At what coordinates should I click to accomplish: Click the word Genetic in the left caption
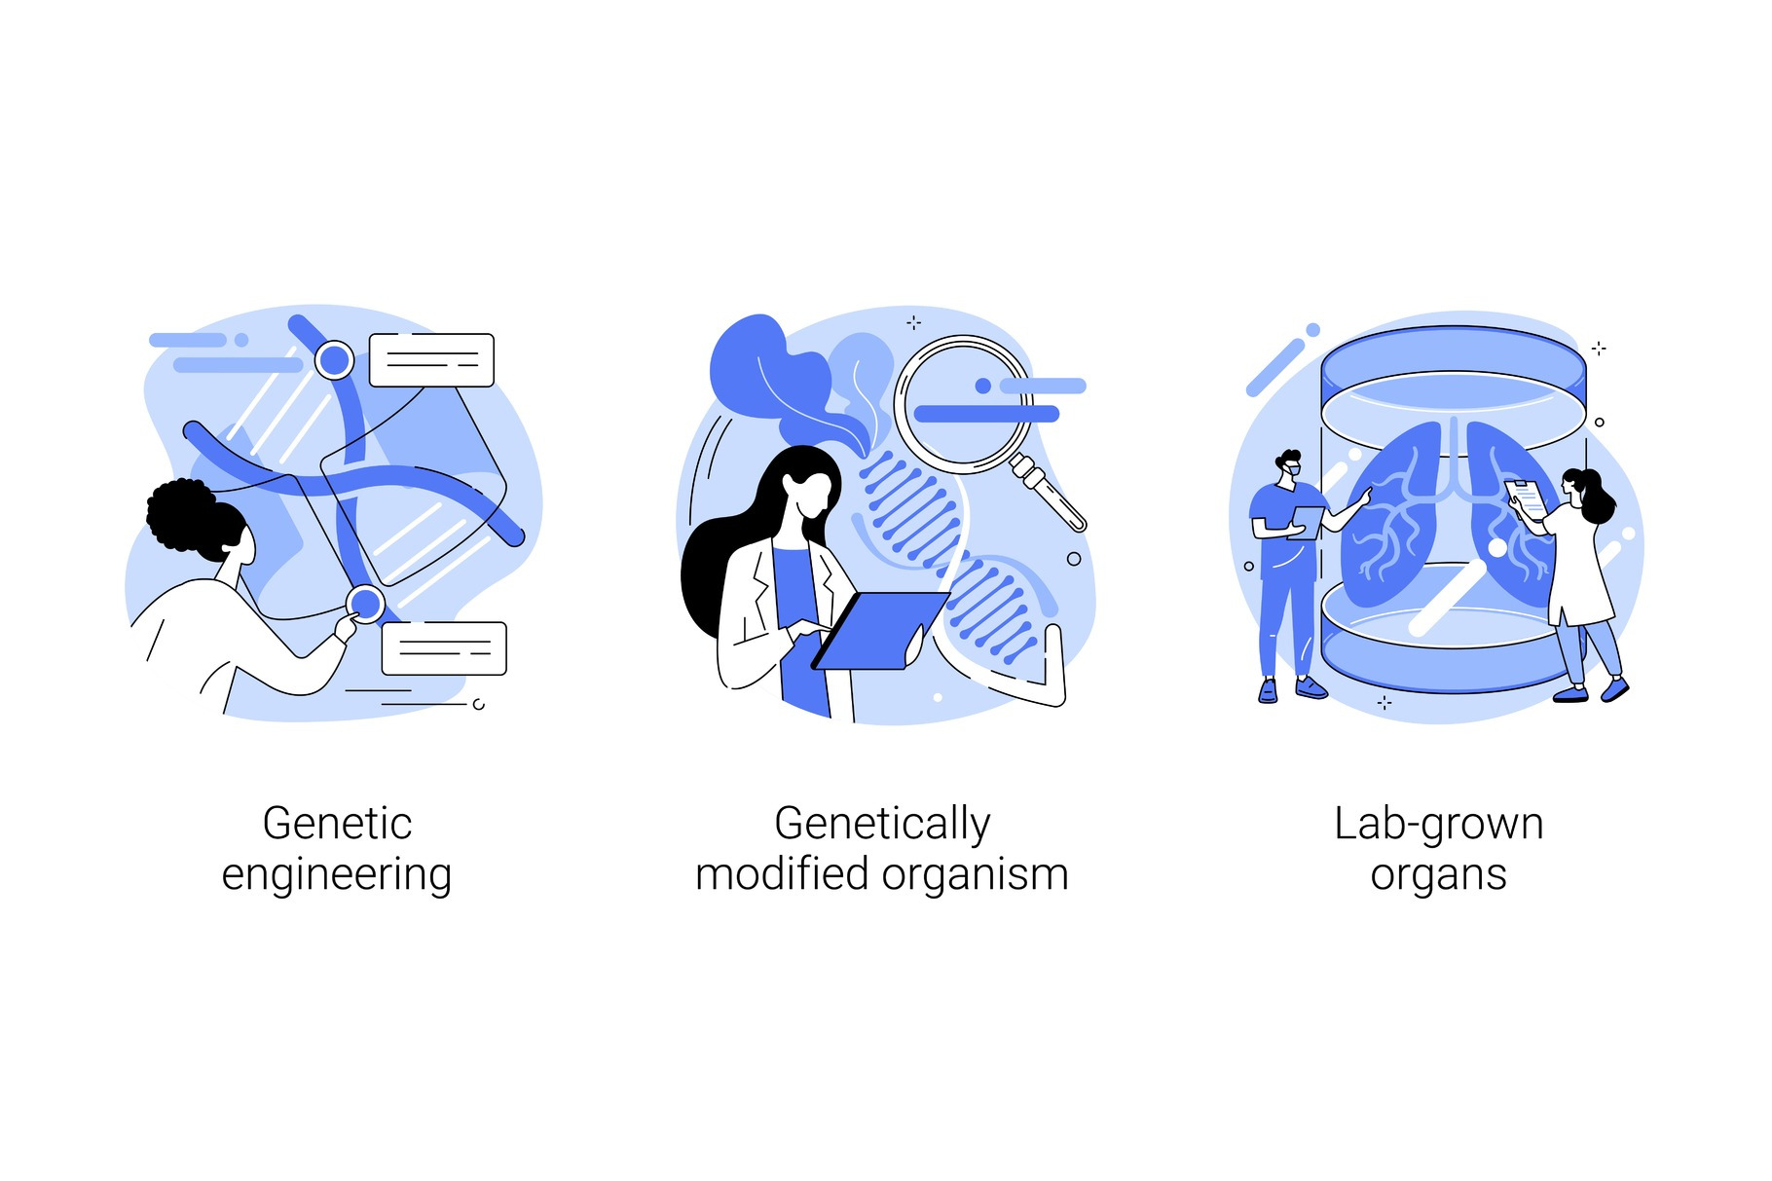pos(337,824)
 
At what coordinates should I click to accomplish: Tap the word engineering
pos(336,874)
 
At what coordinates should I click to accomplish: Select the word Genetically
pos(882,824)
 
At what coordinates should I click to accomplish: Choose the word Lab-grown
pos(1438,824)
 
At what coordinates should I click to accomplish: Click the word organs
pos(1438,874)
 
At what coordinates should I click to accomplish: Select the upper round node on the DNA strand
pos(334,360)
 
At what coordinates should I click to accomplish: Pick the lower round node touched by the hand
pos(366,605)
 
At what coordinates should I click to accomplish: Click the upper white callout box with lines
pos(431,360)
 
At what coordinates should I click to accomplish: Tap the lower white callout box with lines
pos(444,648)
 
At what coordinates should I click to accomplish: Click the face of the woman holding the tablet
pos(813,497)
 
